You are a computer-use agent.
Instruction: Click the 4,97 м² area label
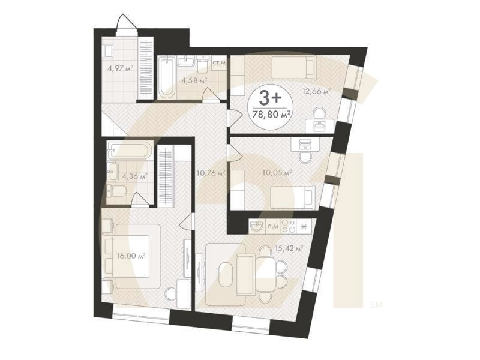click(120, 68)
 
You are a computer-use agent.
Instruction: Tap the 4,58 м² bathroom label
click(194, 81)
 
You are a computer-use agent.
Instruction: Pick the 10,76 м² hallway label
click(212, 173)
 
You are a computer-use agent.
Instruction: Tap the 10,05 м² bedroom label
click(277, 173)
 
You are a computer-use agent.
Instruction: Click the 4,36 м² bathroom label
click(134, 176)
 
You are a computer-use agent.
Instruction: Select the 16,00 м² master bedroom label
click(131, 256)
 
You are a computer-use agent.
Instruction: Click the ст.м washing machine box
click(219, 64)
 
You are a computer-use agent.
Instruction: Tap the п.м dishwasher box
click(273, 227)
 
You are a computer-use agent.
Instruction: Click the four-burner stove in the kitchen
click(289, 227)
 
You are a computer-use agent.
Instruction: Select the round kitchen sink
click(257, 227)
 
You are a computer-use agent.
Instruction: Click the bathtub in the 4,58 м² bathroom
click(167, 77)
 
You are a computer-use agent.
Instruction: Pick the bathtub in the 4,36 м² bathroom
click(130, 149)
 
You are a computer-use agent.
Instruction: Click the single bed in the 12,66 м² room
click(293, 67)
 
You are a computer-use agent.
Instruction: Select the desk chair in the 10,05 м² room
click(305, 158)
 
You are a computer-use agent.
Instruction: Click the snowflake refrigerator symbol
click(304, 227)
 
